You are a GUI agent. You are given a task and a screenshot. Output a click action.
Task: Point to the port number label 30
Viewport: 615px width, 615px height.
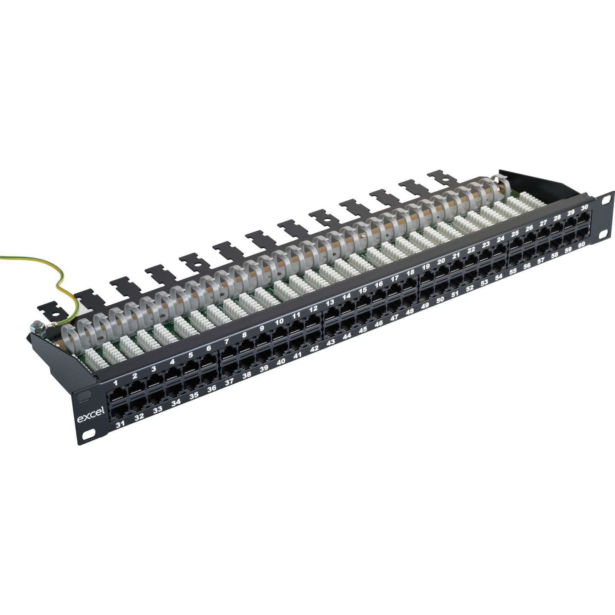coord(585,208)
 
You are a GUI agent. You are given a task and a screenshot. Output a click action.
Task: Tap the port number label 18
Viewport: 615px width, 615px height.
coord(411,273)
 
